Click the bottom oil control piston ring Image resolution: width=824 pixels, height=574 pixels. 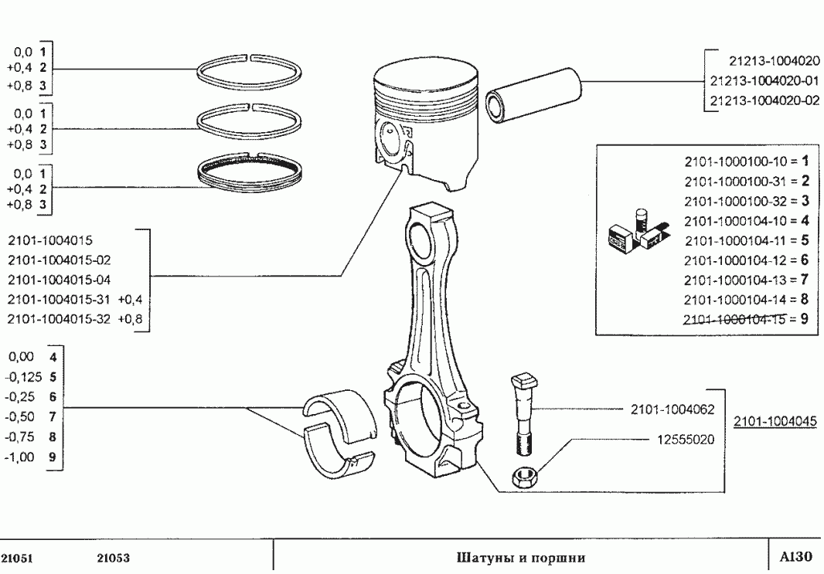249,173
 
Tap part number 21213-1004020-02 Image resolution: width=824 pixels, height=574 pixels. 764,100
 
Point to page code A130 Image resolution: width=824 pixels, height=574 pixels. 795,557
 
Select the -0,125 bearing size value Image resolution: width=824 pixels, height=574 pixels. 22,378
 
